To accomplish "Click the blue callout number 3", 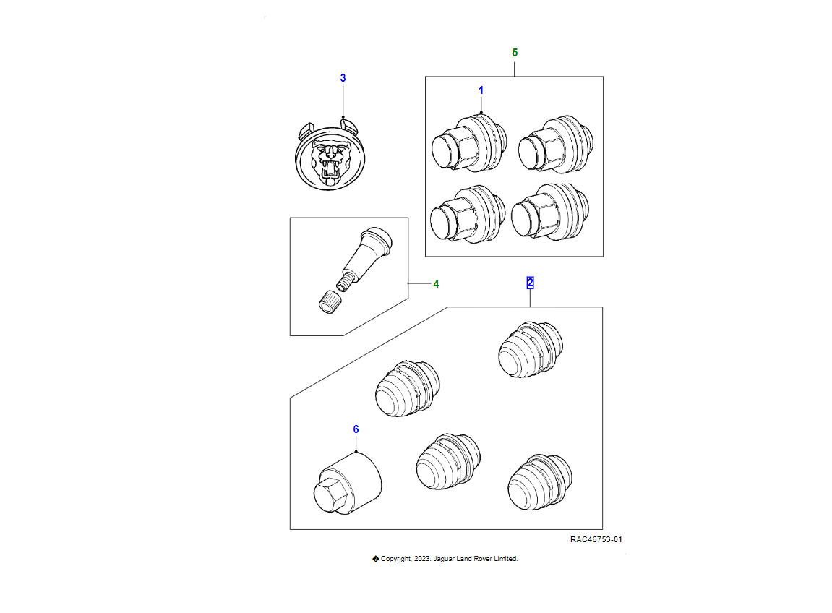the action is pos(343,78).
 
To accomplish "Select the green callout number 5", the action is pos(515,53).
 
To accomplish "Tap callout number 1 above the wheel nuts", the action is pos(481,90).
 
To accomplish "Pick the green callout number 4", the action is pos(436,284).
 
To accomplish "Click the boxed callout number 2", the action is pos(530,283).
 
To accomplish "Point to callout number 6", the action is pos(356,429).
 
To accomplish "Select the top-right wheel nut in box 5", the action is pos(556,144).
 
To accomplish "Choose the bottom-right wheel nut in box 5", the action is pos(550,213).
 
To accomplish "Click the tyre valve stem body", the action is pos(364,257).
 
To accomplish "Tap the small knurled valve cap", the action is pos(329,302).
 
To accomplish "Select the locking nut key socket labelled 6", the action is pos(348,483).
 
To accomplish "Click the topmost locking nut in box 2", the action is pos(531,349).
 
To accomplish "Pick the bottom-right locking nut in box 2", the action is pos(540,482).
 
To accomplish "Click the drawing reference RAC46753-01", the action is pos(596,539).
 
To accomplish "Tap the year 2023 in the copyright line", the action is pos(422,558).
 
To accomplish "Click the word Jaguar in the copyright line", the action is pos(444,559).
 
